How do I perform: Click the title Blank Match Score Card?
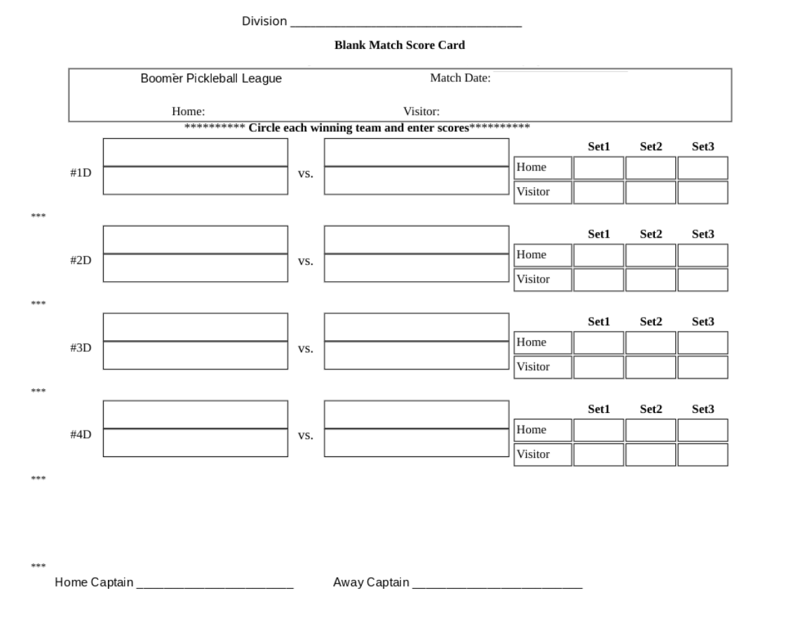pos(400,46)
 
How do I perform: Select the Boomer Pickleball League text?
pos(211,79)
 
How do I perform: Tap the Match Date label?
pos(460,79)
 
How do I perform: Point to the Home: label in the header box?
pos(188,111)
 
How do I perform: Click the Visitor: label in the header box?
pos(421,111)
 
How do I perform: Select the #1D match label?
pos(81,172)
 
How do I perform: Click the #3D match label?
pos(81,347)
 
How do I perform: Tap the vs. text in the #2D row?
pos(306,262)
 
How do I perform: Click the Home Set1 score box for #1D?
pos(598,168)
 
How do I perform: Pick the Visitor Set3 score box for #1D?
pos(703,192)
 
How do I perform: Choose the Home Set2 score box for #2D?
pos(651,255)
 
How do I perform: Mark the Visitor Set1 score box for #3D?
pos(598,367)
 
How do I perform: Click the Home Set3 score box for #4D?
pos(703,430)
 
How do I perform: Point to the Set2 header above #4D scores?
pos(651,409)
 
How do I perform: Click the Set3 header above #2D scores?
pos(703,234)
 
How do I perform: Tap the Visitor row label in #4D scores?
pos(533,454)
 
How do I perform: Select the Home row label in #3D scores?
pos(531,342)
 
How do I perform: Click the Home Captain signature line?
pos(215,585)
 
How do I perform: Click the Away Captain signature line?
pos(497,585)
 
